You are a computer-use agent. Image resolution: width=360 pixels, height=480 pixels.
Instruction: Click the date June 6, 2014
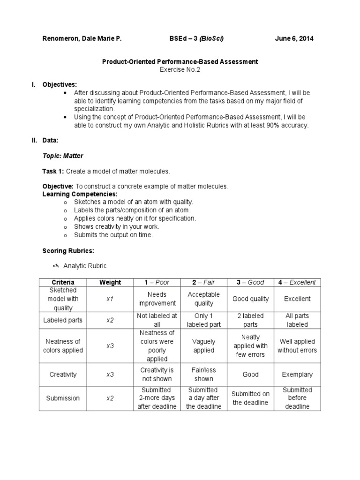(x=294, y=38)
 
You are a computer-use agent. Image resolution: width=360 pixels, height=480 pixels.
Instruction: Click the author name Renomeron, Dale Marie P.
(x=82, y=38)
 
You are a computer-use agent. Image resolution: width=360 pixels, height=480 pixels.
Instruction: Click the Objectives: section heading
(x=60, y=84)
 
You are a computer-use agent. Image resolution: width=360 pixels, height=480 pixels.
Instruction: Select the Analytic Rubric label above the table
(x=84, y=266)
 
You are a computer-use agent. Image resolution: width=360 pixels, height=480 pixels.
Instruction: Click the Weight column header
(x=110, y=282)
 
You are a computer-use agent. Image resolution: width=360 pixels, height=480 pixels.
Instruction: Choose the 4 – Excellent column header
(x=297, y=282)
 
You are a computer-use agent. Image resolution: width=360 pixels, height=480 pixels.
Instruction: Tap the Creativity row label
(x=63, y=375)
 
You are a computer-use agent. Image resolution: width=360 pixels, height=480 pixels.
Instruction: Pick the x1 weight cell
(x=110, y=299)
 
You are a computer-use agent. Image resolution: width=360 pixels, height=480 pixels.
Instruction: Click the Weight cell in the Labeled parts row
(x=110, y=320)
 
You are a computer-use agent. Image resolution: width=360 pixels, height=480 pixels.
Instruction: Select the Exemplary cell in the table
(x=297, y=375)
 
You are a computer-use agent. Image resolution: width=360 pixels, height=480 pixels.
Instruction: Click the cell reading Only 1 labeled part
(x=203, y=320)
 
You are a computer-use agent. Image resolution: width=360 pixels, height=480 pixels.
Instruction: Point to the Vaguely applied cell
(x=203, y=346)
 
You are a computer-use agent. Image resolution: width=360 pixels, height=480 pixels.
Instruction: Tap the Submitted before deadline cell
(x=297, y=398)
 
